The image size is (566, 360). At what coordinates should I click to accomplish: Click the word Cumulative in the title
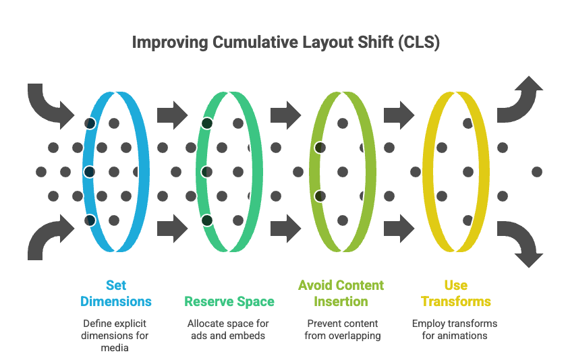(252, 43)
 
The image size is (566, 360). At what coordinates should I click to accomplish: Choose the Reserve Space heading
(229, 301)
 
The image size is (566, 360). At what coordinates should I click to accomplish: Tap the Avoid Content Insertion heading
(341, 293)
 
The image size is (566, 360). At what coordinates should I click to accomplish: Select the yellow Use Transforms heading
(455, 293)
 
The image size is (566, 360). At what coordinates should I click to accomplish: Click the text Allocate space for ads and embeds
(228, 329)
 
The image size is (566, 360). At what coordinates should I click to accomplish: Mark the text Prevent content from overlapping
(341, 329)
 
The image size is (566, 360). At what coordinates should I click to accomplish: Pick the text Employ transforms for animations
(455, 329)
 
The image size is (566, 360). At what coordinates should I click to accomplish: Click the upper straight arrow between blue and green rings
(172, 115)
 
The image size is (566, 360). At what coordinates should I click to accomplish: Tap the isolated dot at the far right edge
(537, 172)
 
